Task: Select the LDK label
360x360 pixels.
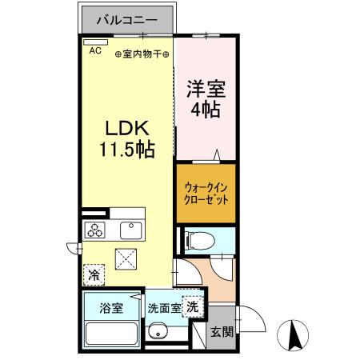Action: [126, 128]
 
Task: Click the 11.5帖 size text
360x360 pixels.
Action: [126, 150]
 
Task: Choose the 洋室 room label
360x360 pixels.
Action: [205, 88]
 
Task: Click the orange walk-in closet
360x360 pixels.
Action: [206, 192]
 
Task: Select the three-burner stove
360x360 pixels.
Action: [96, 231]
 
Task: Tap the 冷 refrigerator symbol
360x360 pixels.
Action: [94, 275]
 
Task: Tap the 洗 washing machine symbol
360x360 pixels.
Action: [192, 305]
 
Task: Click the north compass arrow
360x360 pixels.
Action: [293, 334]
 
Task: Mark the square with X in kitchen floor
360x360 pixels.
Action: [126, 259]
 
